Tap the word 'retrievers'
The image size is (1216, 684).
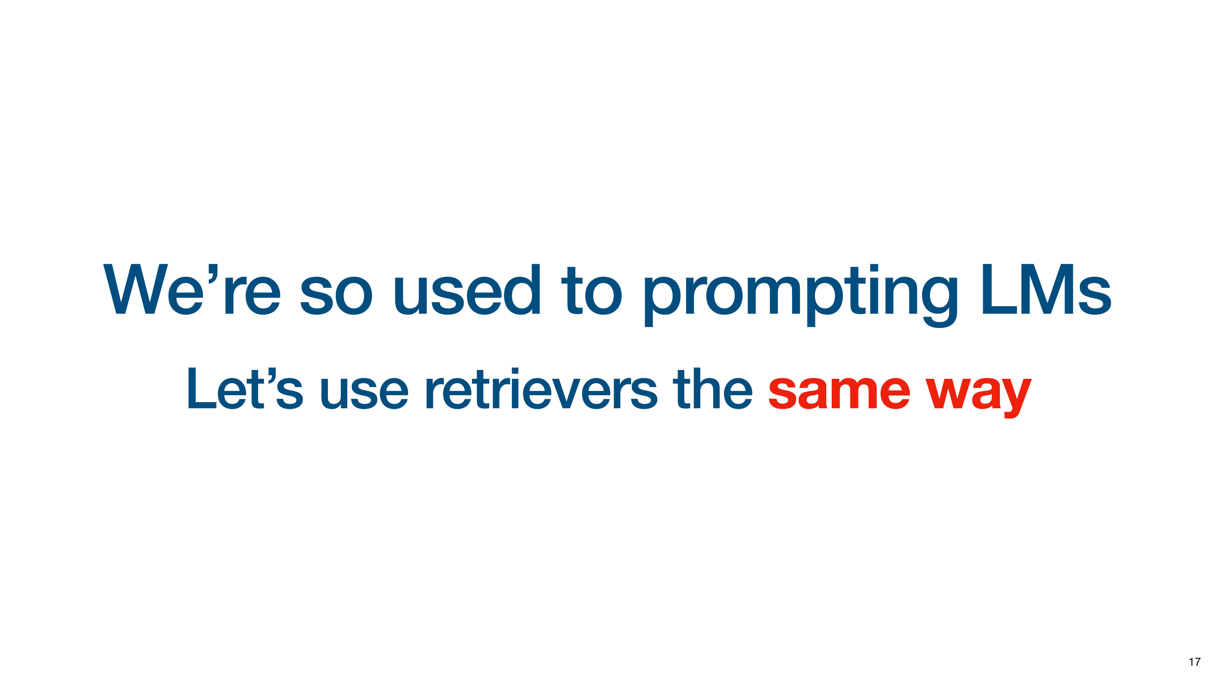tap(541, 388)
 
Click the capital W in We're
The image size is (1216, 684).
tap(136, 289)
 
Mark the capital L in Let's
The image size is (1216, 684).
tap(202, 388)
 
